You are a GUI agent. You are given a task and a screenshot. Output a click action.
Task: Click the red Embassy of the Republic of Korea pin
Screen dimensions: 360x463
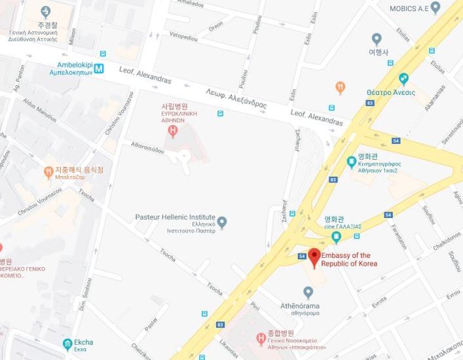[x=314, y=257]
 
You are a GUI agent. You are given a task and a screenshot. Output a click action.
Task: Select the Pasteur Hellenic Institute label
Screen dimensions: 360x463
[x=175, y=217]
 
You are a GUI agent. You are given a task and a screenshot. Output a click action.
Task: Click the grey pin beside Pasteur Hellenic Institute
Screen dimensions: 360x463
[x=222, y=223]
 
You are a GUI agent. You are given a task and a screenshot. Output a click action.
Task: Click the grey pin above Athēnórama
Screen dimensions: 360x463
[x=308, y=292]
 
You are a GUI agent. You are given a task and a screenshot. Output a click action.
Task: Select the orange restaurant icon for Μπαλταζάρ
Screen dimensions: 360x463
[x=48, y=172]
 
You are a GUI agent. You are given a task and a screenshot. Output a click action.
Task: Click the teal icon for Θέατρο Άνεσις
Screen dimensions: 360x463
[x=404, y=79]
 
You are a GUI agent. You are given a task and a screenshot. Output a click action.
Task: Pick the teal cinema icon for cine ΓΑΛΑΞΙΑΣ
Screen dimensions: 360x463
[x=336, y=236]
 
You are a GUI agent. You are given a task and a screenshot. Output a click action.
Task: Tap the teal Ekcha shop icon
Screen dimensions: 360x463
[x=67, y=343]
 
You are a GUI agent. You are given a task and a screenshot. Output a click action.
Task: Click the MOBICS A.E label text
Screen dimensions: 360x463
[x=417, y=9]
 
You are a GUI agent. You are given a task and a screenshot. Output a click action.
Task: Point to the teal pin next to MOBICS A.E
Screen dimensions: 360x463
[x=453, y=8]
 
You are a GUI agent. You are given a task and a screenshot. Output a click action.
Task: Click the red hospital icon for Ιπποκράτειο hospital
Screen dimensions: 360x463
[x=260, y=338]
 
